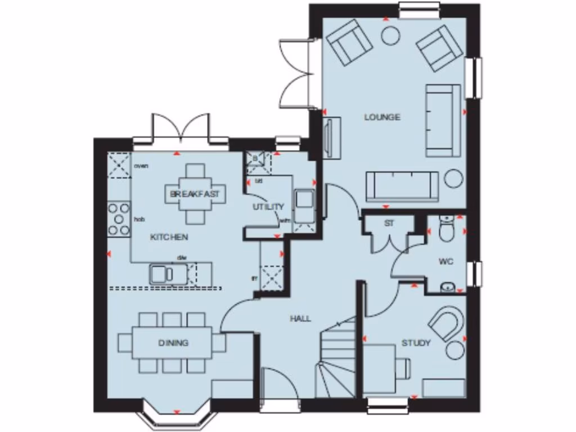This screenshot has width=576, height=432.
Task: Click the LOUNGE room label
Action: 382,117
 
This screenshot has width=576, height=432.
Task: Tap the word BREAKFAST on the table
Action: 195,194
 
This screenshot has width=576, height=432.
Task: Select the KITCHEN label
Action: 169,237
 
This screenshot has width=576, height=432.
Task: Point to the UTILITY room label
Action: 268,207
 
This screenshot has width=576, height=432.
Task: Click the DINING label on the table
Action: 173,343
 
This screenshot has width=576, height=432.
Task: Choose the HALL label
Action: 300,318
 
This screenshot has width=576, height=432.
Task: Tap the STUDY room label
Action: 416,343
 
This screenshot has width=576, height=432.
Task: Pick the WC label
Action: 446,262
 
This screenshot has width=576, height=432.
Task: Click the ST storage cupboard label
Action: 389,223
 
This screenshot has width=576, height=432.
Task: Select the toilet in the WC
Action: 447,229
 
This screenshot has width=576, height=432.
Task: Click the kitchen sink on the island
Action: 162,274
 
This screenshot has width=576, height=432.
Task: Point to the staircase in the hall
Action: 336,360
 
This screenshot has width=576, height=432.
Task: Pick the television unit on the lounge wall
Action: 331,134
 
